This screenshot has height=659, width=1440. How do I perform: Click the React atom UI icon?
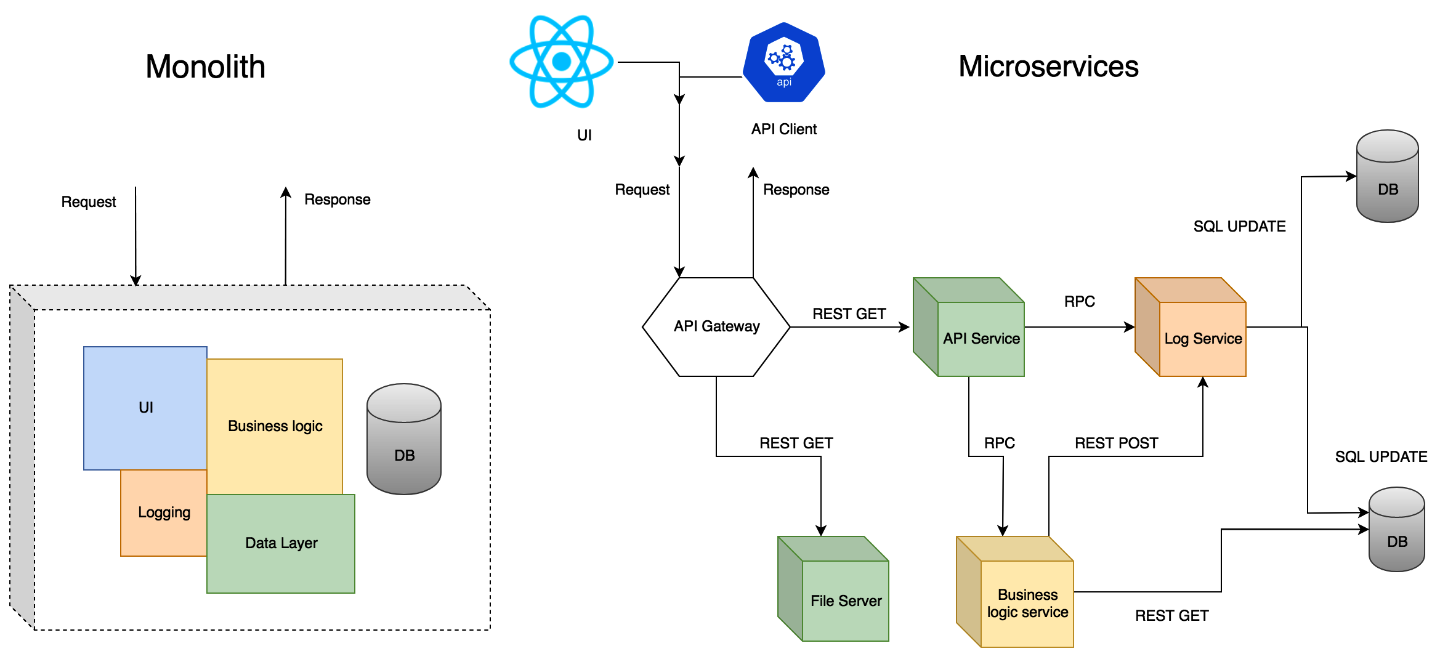[x=561, y=62]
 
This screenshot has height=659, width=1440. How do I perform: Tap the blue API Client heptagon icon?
[x=783, y=62]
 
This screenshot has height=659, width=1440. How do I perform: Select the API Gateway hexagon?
[x=716, y=326]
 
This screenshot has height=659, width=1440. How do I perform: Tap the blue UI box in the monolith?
[x=145, y=407]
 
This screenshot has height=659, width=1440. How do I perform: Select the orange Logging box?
[x=164, y=512]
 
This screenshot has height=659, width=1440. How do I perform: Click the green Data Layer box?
[x=281, y=543]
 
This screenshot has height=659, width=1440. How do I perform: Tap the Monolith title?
[x=205, y=67]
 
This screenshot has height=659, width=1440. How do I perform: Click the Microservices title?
[x=1048, y=67]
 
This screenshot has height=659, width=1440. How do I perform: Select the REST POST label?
[x=1116, y=443]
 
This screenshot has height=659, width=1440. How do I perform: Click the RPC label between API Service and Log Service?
[x=1079, y=302]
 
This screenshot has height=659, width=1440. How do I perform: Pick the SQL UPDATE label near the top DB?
[x=1239, y=227]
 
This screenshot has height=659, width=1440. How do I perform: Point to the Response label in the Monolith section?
[x=337, y=200]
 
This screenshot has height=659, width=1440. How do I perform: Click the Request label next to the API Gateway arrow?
[x=642, y=190]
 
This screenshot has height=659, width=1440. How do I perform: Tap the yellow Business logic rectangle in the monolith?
[x=275, y=426]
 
